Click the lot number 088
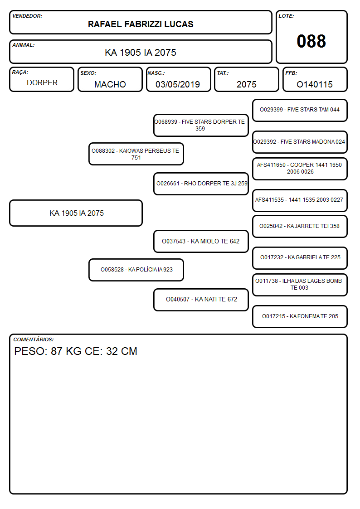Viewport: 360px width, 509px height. click(x=311, y=41)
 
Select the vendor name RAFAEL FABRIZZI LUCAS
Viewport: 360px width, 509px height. click(x=141, y=24)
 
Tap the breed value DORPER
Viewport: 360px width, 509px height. click(x=42, y=83)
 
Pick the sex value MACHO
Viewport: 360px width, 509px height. click(x=110, y=84)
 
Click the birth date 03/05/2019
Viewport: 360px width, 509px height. click(x=178, y=84)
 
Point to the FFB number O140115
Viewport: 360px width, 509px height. click(x=315, y=84)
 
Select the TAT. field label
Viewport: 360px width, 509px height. click(x=223, y=73)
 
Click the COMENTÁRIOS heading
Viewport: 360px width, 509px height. click(x=34, y=339)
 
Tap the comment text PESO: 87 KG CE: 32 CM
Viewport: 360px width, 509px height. click(x=76, y=351)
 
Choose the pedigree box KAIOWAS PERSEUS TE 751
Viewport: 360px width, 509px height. click(x=136, y=154)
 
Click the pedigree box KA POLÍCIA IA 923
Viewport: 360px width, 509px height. click(x=136, y=270)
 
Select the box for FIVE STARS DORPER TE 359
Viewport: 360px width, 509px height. click(x=201, y=125)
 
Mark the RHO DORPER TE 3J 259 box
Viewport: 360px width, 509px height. click(x=201, y=184)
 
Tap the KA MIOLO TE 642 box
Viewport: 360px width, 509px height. click(x=201, y=241)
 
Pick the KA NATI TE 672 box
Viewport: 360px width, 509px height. click(x=201, y=300)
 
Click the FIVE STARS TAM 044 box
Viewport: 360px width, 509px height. click(x=300, y=111)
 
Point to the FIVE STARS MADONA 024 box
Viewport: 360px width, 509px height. click(x=300, y=142)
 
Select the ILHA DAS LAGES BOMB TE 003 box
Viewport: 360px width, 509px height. click(x=300, y=285)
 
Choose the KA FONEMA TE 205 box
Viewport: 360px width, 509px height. click(x=300, y=316)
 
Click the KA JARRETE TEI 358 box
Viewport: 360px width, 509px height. click(x=300, y=226)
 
